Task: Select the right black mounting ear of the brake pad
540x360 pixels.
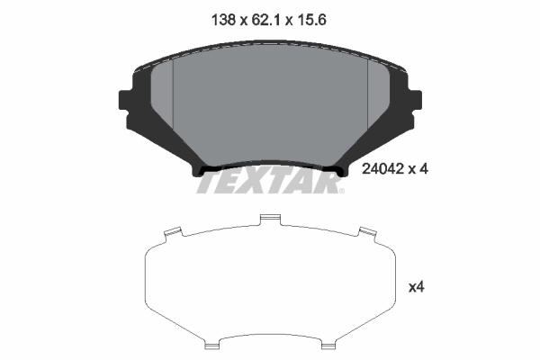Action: coord(415,99)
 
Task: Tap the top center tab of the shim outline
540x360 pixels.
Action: coord(270,219)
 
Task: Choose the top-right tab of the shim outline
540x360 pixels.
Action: coord(367,235)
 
